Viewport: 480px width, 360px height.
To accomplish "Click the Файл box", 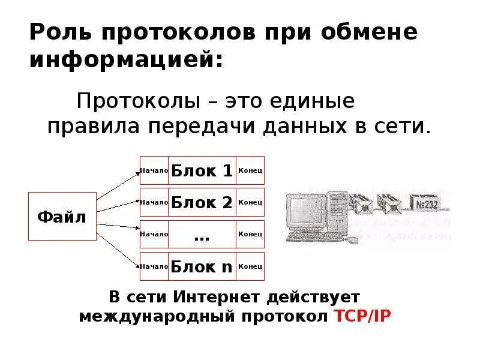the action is [x=62, y=217].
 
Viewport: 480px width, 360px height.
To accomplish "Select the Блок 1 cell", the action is [x=202, y=171].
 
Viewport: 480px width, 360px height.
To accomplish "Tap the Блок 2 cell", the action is [x=202, y=202].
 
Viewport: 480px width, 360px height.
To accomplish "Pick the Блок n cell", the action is [x=202, y=266].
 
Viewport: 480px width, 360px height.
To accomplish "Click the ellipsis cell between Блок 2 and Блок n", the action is [x=202, y=235].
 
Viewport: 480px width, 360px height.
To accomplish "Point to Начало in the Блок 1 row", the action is [x=154, y=171].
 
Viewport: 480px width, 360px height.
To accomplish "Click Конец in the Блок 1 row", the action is [x=250, y=171].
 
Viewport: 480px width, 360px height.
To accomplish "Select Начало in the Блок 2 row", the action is [x=154, y=202].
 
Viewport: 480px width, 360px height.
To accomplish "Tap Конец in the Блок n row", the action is [x=250, y=266].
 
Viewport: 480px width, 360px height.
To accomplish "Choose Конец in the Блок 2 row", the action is [x=250, y=202].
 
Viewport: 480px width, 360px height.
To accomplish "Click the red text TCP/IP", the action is [x=362, y=316].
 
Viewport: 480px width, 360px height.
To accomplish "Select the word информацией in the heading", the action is [x=125, y=60].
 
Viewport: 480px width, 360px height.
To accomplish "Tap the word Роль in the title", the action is [x=59, y=32].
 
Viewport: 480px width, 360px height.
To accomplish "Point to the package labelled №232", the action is [x=427, y=204].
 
